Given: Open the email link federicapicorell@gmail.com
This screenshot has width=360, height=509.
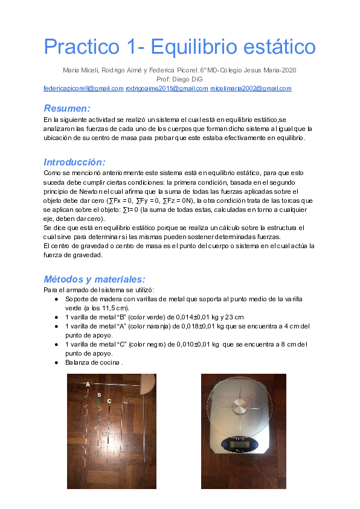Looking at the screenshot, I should (83, 88).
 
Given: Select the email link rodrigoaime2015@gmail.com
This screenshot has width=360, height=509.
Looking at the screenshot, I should (167, 88).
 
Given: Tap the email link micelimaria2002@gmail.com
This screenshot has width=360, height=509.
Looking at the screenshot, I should (251, 88).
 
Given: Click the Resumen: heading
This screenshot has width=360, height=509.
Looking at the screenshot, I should (67, 108).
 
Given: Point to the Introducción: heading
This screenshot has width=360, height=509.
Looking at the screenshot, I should (74, 162).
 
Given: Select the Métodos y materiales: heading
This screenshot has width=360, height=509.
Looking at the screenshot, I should (94, 279).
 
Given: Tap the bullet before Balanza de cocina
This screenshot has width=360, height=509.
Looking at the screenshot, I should (57, 363).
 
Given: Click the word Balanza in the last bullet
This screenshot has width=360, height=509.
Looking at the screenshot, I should (77, 363).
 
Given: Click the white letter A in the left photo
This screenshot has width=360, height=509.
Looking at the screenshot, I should (88, 384).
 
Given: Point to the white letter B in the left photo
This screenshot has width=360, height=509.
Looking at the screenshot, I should (99, 395).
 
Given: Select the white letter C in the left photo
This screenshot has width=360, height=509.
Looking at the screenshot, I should (109, 400).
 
